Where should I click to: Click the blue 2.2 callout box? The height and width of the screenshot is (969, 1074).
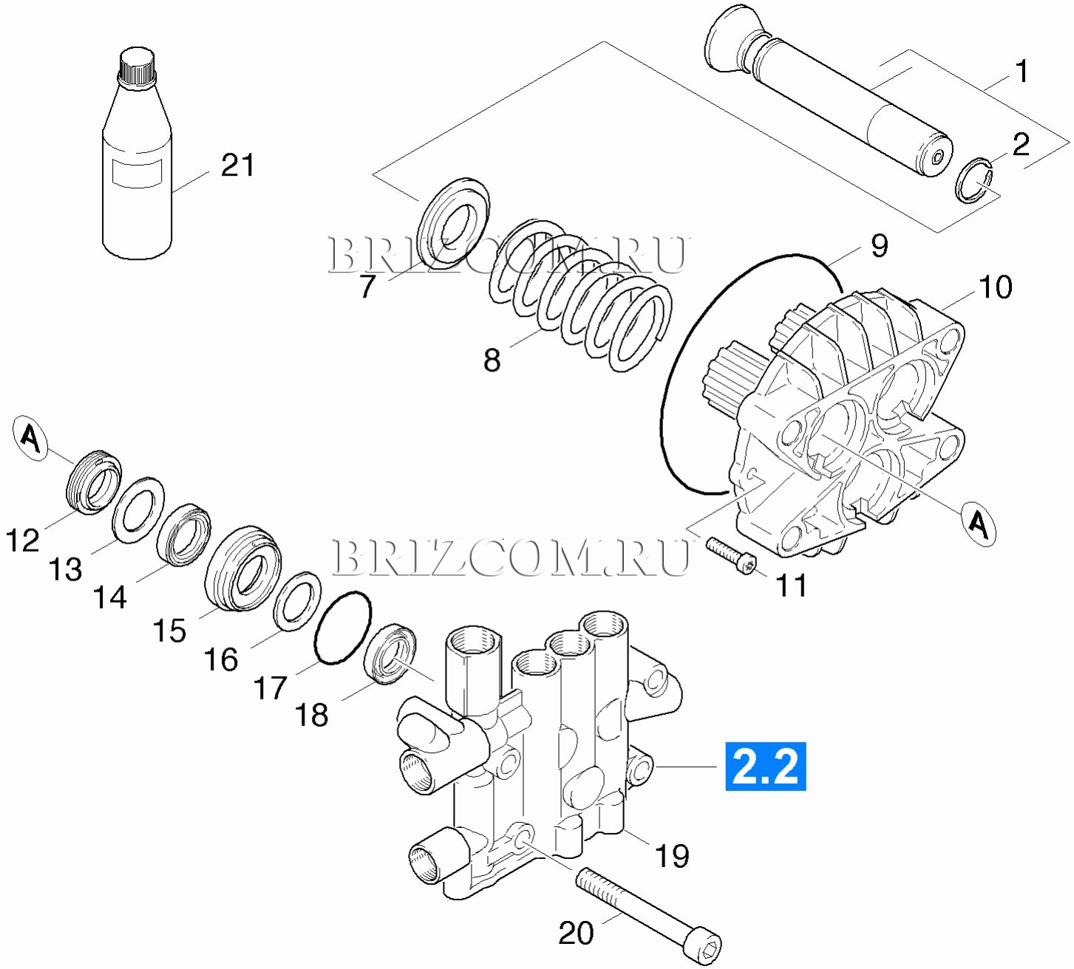(x=765, y=766)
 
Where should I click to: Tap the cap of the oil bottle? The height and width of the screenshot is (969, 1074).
(x=137, y=66)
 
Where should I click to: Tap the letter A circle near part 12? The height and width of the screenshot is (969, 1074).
(x=30, y=439)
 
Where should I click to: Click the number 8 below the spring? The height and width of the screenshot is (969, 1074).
(x=492, y=360)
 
